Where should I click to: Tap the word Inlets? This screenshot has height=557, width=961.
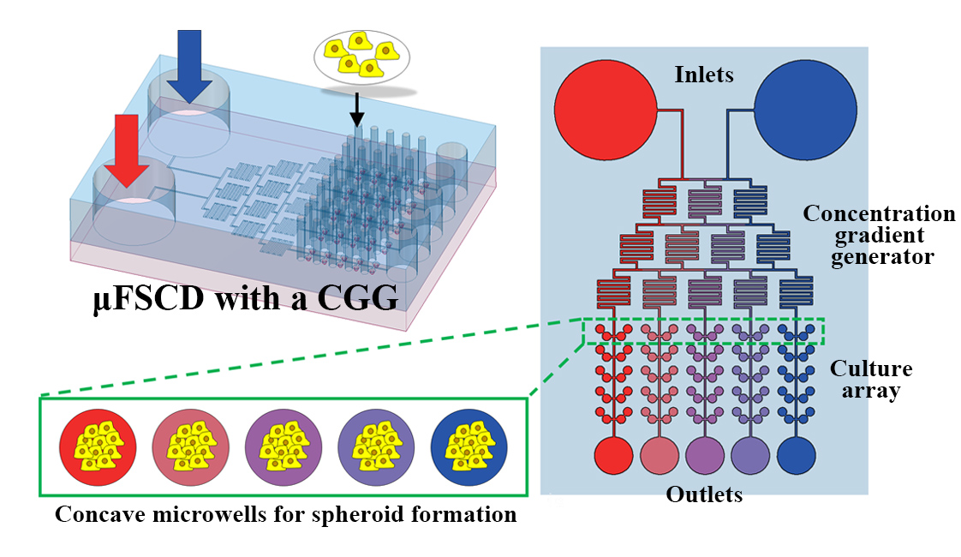click(x=704, y=75)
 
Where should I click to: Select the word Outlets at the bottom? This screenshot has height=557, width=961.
click(x=704, y=494)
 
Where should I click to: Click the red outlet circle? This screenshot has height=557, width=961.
click(x=613, y=455)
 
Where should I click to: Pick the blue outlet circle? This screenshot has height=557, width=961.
click(x=796, y=455)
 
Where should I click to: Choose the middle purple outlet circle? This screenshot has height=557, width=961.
click(x=705, y=455)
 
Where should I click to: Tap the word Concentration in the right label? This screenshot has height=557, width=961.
click(x=878, y=213)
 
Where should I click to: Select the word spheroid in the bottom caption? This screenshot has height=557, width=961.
click(x=357, y=515)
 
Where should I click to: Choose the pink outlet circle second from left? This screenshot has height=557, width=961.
click(x=660, y=455)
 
